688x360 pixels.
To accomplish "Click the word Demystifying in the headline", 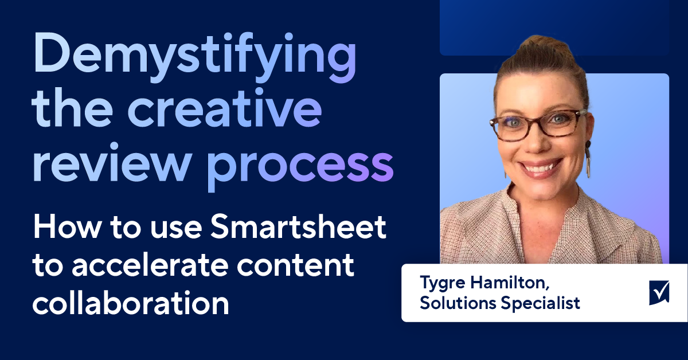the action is (x=195, y=57).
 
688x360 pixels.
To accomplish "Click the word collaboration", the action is (x=131, y=303).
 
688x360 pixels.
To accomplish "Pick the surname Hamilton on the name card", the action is (x=510, y=282).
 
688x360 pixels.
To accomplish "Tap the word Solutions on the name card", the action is (x=458, y=303).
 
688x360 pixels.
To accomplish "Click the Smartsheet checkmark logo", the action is (x=659, y=293).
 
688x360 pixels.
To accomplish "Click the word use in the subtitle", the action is (x=176, y=229).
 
